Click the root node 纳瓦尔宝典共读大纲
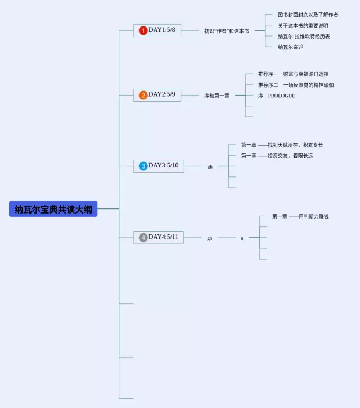[x=53, y=208]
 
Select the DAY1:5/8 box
[x=157, y=30]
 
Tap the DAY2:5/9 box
[x=157, y=95]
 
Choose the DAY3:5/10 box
[x=159, y=166]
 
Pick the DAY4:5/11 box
[x=159, y=237]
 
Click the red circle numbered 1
[x=143, y=30]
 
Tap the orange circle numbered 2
[x=143, y=95]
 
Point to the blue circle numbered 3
[x=143, y=166]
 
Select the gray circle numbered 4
[x=143, y=238]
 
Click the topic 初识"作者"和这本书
[x=227, y=31]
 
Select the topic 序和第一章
[x=217, y=96]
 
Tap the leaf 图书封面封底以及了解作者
[x=308, y=15]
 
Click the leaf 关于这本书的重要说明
[x=303, y=25]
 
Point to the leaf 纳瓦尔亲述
[x=290, y=47]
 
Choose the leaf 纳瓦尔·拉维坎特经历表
[x=304, y=37]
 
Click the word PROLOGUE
[x=282, y=96]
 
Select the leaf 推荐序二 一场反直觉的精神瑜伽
[x=296, y=85]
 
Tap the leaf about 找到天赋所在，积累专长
[x=282, y=145]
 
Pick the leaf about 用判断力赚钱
[x=300, y=216]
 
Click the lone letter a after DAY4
[x=242, y=238]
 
